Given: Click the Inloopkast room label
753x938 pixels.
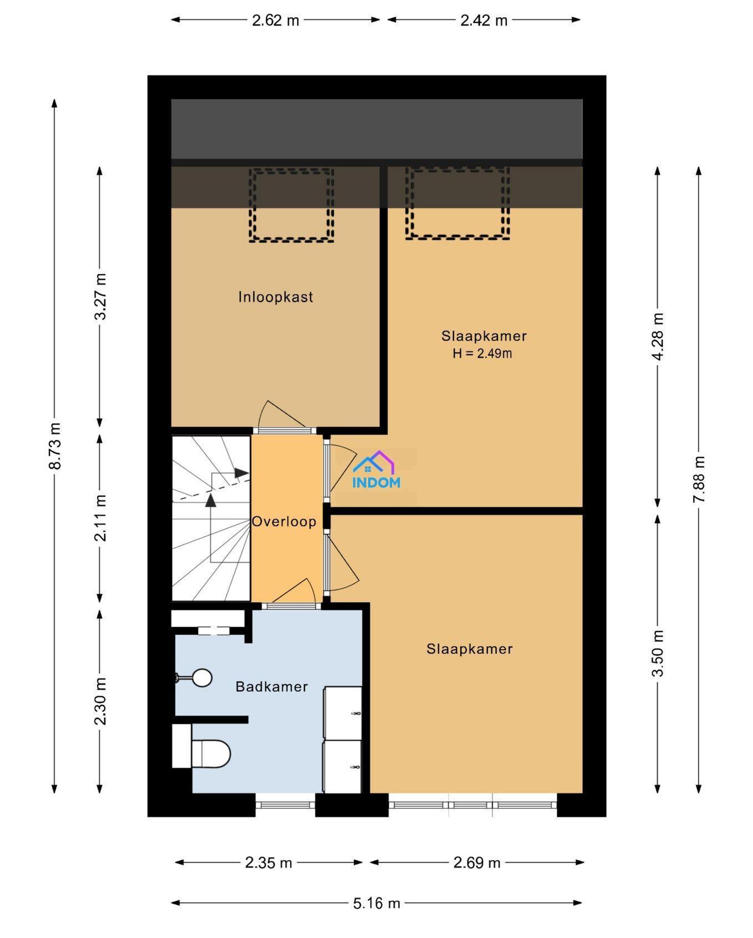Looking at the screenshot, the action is click(x=276, y=297).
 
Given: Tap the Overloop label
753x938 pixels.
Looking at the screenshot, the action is click(x=284, y=522).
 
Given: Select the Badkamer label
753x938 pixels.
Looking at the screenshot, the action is click(x=272, y=687).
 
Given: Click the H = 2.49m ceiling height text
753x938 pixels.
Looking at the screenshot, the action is click(x=482, y=353).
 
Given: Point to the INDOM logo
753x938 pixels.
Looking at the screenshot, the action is click(x=376, y=470).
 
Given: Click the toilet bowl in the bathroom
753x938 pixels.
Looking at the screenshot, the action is click(x=210, y=754).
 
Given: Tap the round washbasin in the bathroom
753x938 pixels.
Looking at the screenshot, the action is click(x=201, y=677).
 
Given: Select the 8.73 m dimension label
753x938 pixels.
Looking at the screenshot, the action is click(x=54, y=446).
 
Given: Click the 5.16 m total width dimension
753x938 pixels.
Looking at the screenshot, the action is click(x=376, y=904).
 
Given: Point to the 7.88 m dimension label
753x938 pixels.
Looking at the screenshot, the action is click(x=699, y=480).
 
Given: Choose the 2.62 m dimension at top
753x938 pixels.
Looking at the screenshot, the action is click(x=276, y=21).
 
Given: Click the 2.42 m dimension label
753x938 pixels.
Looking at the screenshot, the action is click(x=484, y=21).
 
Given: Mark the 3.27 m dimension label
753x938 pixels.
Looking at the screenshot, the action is click(x=100, y=297).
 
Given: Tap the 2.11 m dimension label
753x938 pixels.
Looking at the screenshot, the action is click(x=100, y=518).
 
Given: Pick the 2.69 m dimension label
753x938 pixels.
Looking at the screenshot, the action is click(x=477, y=863).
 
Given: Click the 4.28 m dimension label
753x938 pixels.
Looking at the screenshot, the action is click(x=658, y=337).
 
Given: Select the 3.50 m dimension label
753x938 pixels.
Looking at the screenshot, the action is click(x=658, y=654).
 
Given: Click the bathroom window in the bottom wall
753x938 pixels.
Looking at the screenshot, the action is click(x=286, y=805).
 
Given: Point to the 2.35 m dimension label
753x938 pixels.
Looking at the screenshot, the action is click(x=268, y=863).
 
